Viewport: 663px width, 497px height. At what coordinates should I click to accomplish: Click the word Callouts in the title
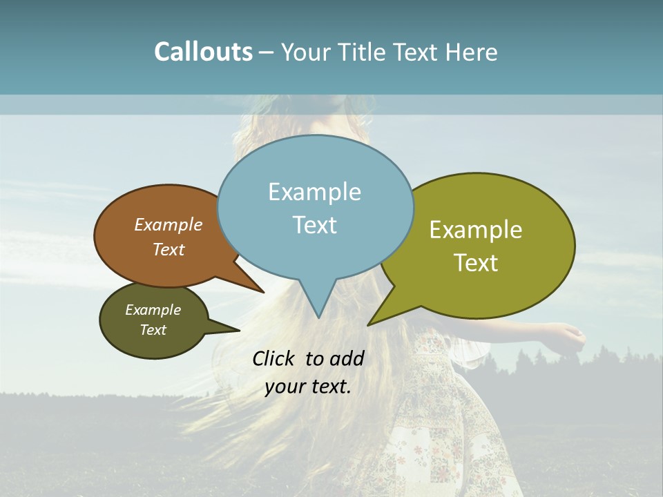(x=203, y=52)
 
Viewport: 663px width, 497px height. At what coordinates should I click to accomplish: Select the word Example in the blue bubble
(x=314, y=192)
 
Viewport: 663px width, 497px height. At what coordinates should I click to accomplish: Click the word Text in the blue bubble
(x=314, y=225)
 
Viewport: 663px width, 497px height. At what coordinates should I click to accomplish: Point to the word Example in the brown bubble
(x=168, y=225)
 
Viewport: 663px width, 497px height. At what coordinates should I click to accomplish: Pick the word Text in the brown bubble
(x=168, y=249)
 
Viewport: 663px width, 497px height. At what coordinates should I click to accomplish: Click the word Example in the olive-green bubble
(x=476, y=230)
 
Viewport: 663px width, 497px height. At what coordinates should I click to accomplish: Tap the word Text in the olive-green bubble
(x=476, y=263)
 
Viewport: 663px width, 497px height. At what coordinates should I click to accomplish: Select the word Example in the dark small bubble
(x=153, y=310)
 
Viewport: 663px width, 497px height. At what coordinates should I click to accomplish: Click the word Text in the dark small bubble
(x=153, y=330)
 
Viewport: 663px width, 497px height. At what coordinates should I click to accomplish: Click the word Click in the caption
(x=274, y=359)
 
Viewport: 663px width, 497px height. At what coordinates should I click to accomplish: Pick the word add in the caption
(x=347, y=359)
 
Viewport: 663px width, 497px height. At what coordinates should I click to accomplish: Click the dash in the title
(x=267, y=52)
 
